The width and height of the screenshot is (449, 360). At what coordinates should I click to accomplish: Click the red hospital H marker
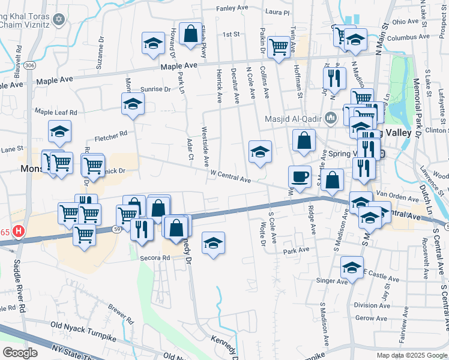[x=19, y=230]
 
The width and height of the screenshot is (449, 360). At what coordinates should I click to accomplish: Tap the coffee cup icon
[x=300, y=176]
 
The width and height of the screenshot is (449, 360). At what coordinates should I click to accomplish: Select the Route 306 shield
[x=29, y=65]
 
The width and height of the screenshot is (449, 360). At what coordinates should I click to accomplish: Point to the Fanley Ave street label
[x=232, y=8]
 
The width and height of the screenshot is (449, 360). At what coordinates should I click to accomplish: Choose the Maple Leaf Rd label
[x=56, y=112]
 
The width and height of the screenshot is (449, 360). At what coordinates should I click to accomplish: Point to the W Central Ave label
[x=231, y=176]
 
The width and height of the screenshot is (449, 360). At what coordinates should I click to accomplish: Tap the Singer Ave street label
[x=336, y=281]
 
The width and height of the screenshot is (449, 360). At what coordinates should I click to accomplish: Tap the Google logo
[x=20, y=352]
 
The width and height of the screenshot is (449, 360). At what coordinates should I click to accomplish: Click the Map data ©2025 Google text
[x=411, y=355]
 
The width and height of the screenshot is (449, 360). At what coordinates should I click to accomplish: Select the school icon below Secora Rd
[x=213, y=243]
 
